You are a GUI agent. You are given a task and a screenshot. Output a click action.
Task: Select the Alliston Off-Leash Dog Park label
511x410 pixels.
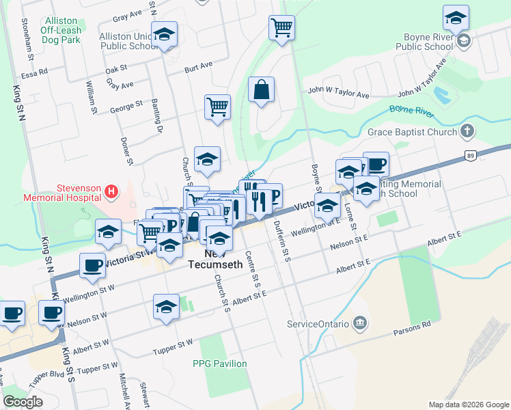click(x=61, y=31)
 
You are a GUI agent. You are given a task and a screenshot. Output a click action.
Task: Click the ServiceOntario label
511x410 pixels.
click(x=318, y=323)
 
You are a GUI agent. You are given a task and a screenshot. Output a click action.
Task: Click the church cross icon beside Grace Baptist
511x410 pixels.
click(x=467, y=131)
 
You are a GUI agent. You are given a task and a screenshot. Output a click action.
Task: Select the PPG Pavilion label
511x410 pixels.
click(x=219, y=364)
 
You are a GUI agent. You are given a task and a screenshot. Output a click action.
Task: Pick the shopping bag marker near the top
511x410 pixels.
click(x=261, y=90)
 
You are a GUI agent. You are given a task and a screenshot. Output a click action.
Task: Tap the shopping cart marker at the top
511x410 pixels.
click(x=281, y=28)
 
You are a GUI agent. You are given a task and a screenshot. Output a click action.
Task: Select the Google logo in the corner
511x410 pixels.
click(x=23, y=402)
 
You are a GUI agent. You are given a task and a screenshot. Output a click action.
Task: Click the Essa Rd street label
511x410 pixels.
click(x=33, y=71)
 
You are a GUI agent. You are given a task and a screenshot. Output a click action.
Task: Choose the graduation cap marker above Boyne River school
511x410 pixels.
click(x=456, y=17)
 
